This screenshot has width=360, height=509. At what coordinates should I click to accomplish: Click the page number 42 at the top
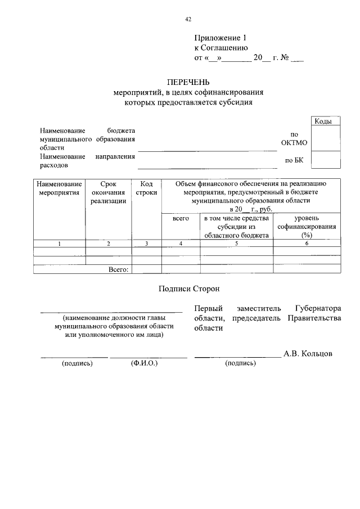click(188, 19)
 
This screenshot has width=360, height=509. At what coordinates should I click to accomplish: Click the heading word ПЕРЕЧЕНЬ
click(188, 82)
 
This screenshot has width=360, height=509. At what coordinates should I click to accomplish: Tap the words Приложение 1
click(220, 38)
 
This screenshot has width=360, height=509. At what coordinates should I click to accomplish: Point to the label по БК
click(294, 160)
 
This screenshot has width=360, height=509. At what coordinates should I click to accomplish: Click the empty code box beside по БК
click(325, 160)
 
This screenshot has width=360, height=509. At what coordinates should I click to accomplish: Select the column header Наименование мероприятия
click(59, 187)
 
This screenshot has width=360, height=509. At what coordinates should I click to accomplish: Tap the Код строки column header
click(146, 187)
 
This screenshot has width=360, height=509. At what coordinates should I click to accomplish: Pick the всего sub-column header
click(181, 218)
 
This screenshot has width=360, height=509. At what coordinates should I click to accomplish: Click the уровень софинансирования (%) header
click(307, 227)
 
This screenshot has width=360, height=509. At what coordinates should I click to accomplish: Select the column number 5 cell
click(236, 244)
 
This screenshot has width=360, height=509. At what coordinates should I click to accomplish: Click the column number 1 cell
click(59, 244)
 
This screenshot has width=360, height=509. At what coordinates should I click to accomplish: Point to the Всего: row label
click(119, 269)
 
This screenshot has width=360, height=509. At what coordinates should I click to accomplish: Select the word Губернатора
click(318, 309)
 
